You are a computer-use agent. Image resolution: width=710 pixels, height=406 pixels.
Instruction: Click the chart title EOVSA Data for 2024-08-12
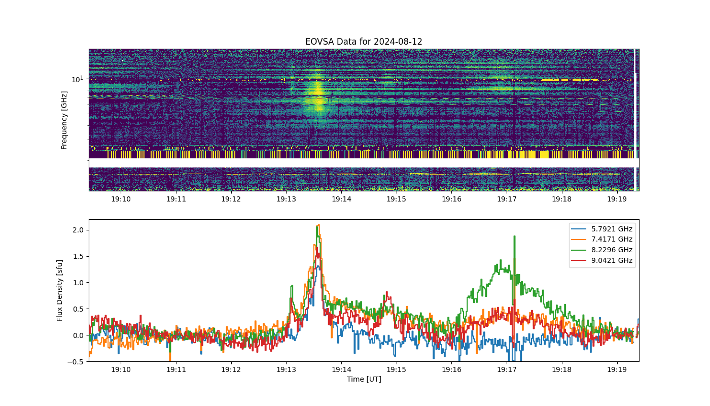[364, 42]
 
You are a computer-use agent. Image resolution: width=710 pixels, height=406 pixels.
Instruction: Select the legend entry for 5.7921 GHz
[601, 229]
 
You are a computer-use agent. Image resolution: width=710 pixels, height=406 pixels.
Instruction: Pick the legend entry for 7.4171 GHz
[601, 239]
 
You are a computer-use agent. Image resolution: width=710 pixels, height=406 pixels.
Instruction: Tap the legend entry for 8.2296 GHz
[601, 250]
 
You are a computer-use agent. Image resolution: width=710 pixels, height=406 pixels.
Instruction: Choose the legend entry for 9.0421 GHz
[601, 260]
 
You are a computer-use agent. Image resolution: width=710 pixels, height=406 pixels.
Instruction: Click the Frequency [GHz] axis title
[64, 120]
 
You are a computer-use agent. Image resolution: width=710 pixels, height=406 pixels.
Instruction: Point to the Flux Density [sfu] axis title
[60, 290]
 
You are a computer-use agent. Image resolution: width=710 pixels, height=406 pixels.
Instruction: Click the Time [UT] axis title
[364, 379]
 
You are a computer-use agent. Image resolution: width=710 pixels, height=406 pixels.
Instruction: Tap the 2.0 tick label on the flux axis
[78, 230]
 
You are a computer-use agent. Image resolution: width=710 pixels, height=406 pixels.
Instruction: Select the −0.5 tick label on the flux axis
[76, 362]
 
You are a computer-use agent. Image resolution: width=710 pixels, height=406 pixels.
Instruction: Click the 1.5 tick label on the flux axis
[78, 256]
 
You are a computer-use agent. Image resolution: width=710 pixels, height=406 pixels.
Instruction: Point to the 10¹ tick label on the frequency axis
[77, 79]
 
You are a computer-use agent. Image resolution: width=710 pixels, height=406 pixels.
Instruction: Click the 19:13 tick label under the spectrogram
[286, 199]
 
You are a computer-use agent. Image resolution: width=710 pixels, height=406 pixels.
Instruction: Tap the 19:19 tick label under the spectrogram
[617, 199]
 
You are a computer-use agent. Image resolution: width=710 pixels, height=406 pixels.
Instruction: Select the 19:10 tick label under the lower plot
[121, 369]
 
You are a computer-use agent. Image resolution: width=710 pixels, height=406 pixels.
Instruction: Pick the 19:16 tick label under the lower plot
[451, 369]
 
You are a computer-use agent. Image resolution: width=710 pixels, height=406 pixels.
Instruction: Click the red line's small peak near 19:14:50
[386, 293]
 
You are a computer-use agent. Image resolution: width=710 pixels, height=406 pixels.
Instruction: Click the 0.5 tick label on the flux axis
[78, 309]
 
